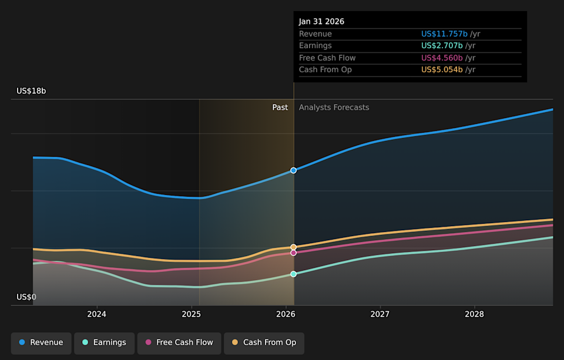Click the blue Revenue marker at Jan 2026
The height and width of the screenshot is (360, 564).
click(x=294, y=170)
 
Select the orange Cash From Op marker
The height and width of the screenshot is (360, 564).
click(x=294, y=247)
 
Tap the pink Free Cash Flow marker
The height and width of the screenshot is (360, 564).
click(x=294, y=253)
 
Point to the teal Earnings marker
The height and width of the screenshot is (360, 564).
click(x=294, y=274)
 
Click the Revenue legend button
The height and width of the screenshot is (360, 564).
click(x=41, y=342)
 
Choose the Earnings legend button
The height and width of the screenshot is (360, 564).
click(x=105, y=342)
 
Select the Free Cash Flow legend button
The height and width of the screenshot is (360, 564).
click(x=179, y=342)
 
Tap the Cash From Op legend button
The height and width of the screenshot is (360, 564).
click(x=264, y=342)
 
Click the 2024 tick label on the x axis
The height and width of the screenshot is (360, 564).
click(x=97, y=314)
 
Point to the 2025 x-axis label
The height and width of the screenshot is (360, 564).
click(x=192, y=314)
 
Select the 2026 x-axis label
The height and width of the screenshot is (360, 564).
click(x=286, y=314)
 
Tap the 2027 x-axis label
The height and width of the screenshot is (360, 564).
click(x=380, y=314)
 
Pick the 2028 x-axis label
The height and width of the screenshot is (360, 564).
click(x=475, y=314)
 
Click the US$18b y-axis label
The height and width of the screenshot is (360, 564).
click(x=31, y=91)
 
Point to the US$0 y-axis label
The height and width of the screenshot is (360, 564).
click(x=26, y=297)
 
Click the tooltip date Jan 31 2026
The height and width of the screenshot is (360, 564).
click(x=321, y=22)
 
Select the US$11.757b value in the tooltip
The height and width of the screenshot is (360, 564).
click(x=444, y=34)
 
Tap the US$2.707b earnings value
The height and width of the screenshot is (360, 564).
click(x=442, y=46)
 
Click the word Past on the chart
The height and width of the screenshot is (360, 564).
click(x=280, y=107)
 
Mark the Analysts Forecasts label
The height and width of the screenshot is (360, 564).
click(x=334, y=107)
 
